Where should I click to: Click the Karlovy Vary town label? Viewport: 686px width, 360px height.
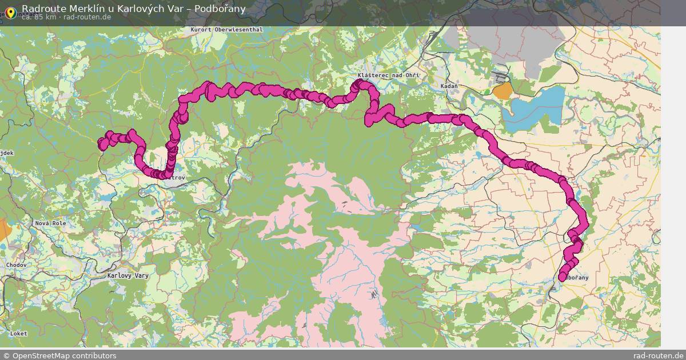point(128,275)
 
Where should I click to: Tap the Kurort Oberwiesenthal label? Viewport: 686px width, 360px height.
point(227,30)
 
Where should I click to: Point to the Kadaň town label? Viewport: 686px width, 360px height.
point(450,86)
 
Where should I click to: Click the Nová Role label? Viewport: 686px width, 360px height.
point(50,223)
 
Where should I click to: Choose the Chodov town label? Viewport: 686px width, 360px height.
point(16,265)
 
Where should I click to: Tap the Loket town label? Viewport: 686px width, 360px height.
point(18,333)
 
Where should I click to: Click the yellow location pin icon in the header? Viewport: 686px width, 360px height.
point(11,11)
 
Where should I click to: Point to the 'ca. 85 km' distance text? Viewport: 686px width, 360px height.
point(39,17)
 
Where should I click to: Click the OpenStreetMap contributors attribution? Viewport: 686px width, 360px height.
point(59,355)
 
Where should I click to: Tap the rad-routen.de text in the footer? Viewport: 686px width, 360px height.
point(658,355)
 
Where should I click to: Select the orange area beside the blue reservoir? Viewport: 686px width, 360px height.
point(502,91)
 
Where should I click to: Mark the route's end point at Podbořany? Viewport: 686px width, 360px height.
point(562,277)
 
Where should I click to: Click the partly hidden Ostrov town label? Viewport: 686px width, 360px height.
point(178,178)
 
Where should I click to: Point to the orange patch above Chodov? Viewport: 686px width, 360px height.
point(5,229)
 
